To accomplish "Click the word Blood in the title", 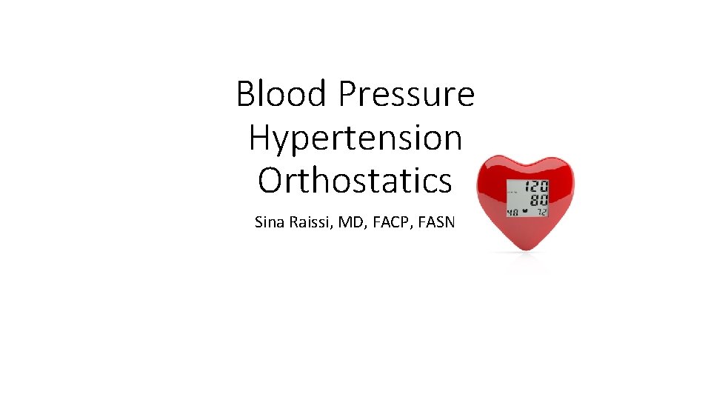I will [281, 95].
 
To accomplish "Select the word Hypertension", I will [355, 139].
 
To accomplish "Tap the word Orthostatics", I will [355, 180].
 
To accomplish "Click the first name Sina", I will [268, 221].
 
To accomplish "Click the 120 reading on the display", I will [536, 187].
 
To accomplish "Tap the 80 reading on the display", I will [538, 200].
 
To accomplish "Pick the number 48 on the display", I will [513, 212].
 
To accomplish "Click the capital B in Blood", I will [245, 95].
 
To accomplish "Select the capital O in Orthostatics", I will [270, 180].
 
